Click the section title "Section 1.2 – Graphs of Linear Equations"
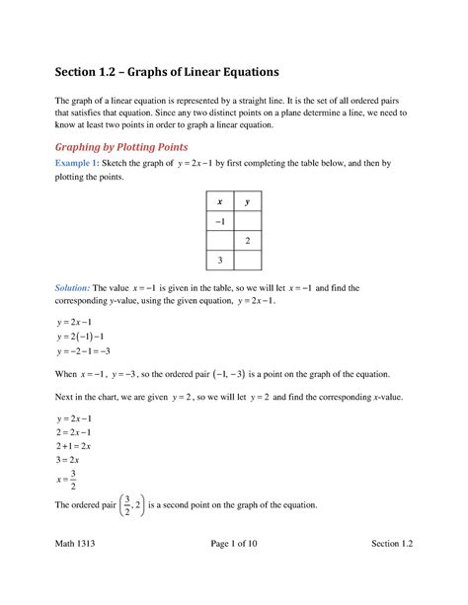coord(166,73)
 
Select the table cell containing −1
coord(219,220)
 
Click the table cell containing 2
coord(248,240)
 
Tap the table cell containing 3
coord(219,260)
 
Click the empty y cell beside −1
coord(248,220)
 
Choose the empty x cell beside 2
coord(219,240)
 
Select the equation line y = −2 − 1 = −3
coord(90,350)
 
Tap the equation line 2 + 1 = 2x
coord(82,446)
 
